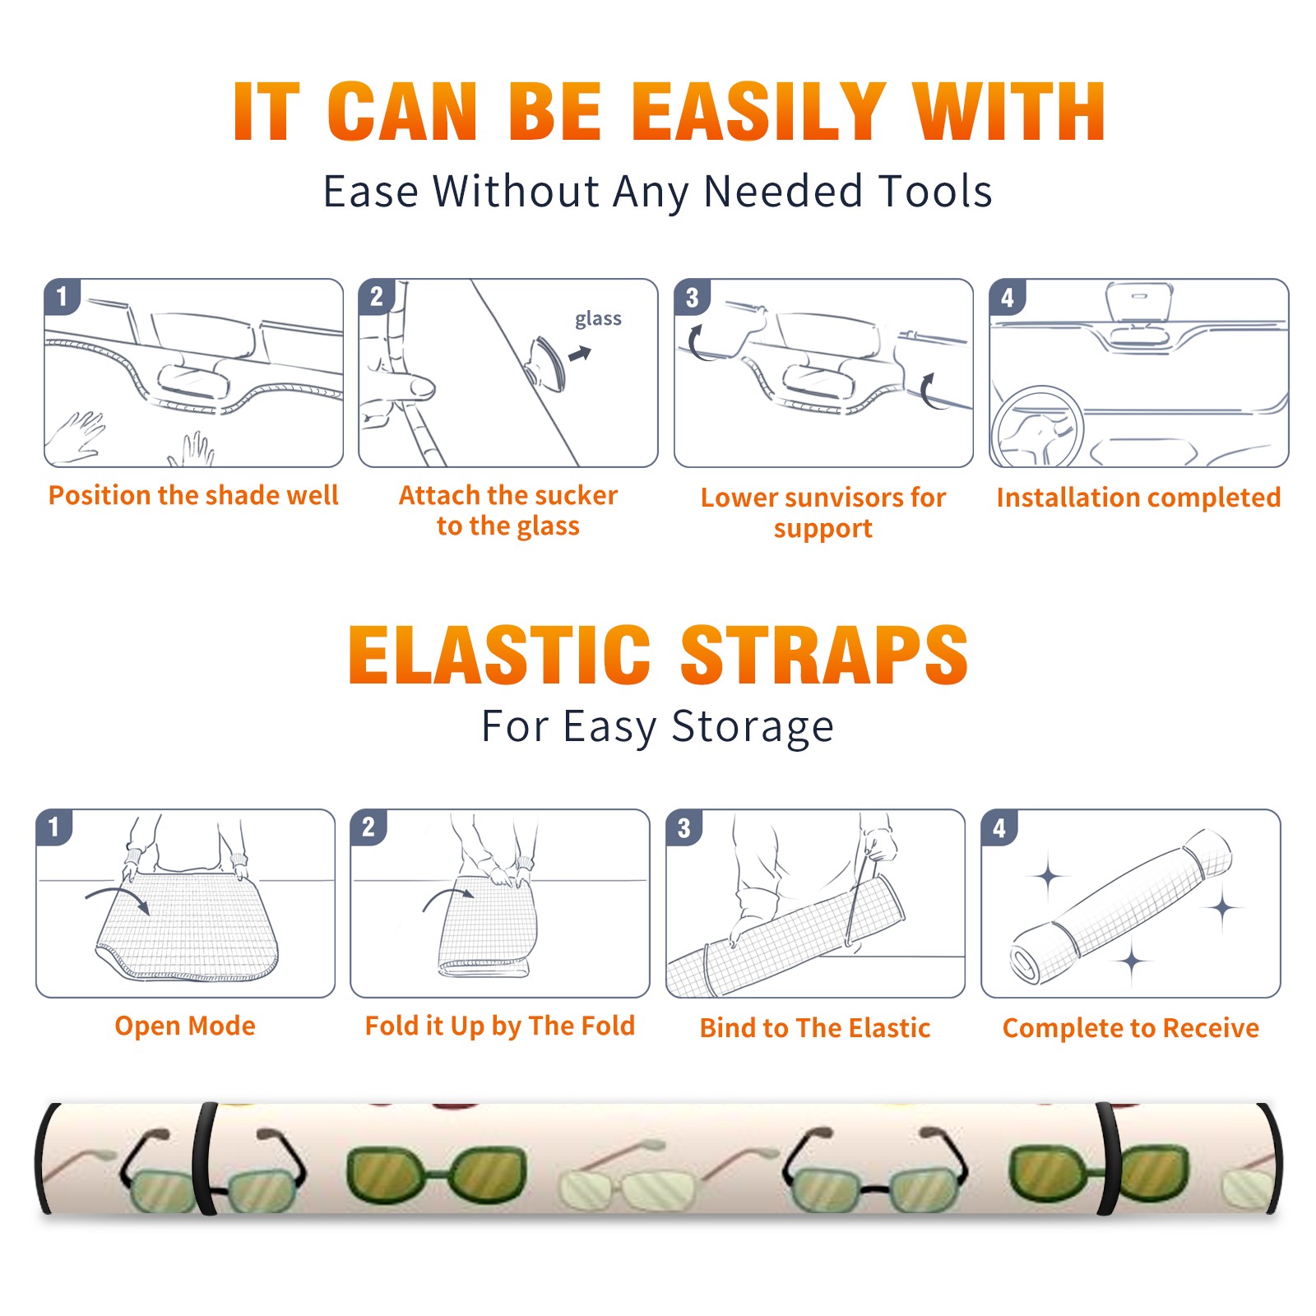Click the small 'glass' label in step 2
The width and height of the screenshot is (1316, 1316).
tap(598, 319)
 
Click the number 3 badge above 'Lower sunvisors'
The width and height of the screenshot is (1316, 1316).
tap(692, 297)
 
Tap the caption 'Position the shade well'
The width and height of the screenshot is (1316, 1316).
tap(193, 495)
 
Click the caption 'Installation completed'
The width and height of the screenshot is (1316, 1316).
tap(1138, 498)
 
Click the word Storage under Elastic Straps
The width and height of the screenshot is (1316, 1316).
tap(753, 728)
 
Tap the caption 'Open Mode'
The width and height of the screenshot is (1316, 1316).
tap(185, 1026)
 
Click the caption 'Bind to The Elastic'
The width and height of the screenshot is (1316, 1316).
tap(814, 1028)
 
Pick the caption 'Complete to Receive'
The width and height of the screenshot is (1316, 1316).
tap(1131, 1028)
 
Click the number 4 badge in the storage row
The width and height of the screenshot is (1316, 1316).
tap(999, 827)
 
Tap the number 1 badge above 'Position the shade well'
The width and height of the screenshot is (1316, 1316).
tap(62, 295)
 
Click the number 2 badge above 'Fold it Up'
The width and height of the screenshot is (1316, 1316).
tap(368, 827)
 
